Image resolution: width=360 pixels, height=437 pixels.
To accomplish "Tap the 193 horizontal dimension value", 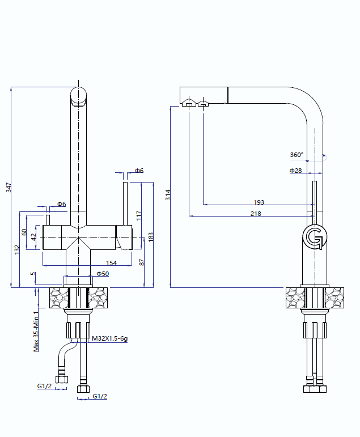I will tap(259, 202).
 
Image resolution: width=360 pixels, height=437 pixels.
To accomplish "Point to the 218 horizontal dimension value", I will tap(256, 214).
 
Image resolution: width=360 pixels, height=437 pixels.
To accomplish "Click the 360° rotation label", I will tap(297, 155).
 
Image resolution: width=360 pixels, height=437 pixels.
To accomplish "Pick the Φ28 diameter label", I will tap(295, 171).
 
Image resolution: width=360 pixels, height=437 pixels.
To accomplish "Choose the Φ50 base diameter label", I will tap(103, 273).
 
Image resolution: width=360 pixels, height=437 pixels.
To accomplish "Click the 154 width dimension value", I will tap(111, 262).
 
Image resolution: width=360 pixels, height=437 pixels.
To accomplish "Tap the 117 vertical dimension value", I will tap(139, 215).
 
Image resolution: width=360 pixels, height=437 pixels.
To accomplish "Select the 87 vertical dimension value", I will tap(141, 262).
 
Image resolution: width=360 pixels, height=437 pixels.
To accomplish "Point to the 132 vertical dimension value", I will tap(17, 248).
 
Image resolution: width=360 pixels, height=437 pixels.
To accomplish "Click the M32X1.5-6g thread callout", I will tap(110, 339).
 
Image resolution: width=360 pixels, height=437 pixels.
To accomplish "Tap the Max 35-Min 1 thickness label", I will tap(36, 331).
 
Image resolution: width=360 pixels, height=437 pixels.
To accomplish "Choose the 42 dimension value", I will tap(34, 237).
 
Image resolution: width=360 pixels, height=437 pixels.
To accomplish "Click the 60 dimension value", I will tap(24, 232).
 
